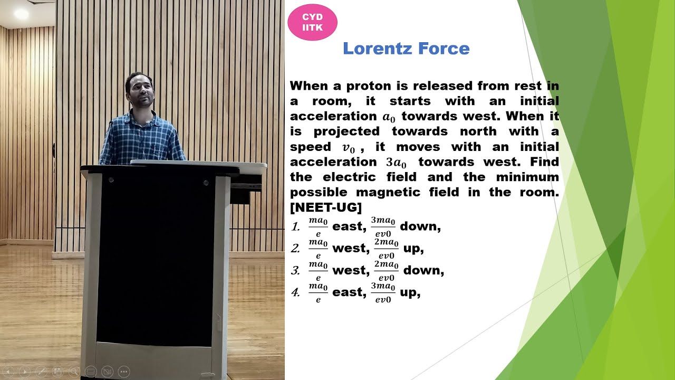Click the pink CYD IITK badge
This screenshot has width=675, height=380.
[312, 22]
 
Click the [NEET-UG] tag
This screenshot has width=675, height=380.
[326, 207]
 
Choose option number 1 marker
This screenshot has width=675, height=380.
[296, 227]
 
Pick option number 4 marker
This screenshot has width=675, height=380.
[296, 292]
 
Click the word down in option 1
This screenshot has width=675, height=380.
[420, 226]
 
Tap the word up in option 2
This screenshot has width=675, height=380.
[413, 248]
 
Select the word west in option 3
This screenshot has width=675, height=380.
[349, 270]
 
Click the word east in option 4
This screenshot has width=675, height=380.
[349, 292]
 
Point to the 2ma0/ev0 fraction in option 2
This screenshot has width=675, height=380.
[386, 248]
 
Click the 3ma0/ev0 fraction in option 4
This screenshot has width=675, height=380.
[383, 292]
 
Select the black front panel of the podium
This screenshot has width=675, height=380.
[156, 259]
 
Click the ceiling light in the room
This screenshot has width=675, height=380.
[21, 14]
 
